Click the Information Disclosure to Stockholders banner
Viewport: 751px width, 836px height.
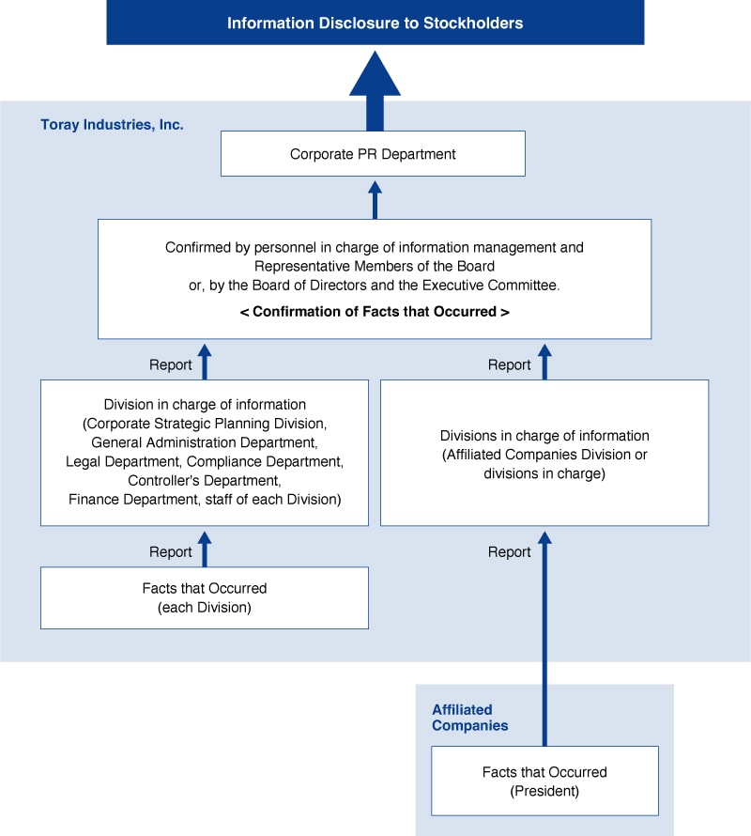[375, 23]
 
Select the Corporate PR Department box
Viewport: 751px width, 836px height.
[373, 153]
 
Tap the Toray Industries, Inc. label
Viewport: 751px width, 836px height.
[112, 125]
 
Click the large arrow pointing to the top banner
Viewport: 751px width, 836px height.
[375, 90]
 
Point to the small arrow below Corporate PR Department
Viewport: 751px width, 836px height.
[375, 200]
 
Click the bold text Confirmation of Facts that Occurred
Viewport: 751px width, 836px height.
[375, 311]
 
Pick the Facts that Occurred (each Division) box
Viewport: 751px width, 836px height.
[205, 597]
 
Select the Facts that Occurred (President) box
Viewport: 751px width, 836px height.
[544, 782]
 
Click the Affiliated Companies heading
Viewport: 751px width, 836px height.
[469, 718]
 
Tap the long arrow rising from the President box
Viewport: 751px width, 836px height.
[544, 638]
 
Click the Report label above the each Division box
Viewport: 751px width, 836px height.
[171, 551]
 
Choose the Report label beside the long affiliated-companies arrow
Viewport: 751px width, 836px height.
[509, 551]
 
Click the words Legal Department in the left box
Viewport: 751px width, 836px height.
[123, 461]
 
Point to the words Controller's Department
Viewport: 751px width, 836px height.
[205, 480]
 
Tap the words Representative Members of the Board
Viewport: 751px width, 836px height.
[375, 266]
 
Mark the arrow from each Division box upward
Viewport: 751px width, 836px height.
[205, 549]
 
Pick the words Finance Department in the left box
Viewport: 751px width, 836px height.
[133, 499]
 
